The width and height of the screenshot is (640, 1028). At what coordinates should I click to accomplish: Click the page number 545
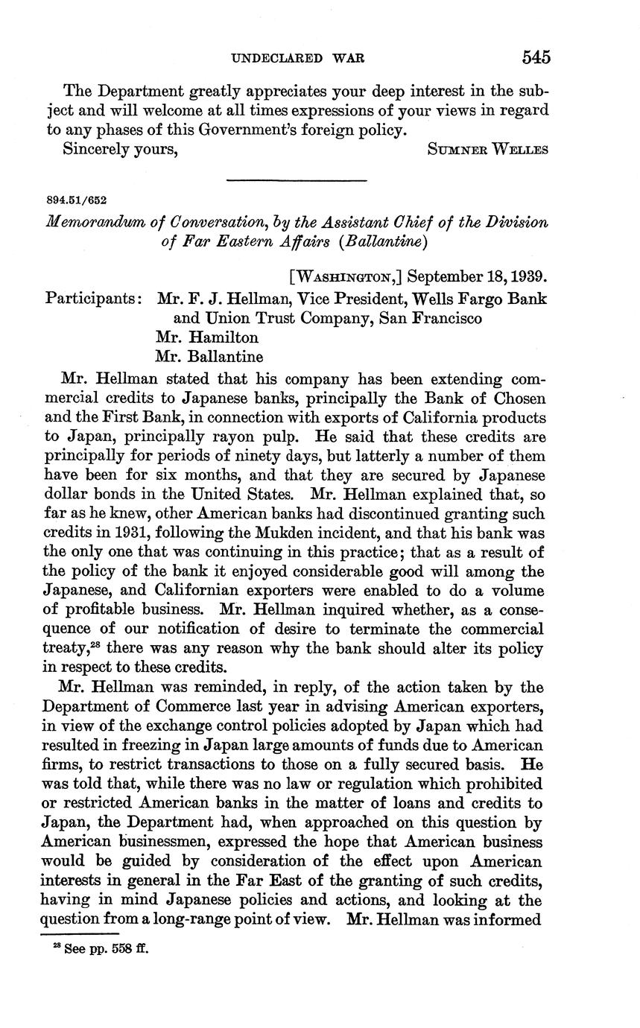[x=536, y=58]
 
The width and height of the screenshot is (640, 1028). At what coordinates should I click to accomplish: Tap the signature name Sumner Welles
[x=488, y=149]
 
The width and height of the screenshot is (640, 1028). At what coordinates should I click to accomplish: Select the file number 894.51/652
[x=76, y=200]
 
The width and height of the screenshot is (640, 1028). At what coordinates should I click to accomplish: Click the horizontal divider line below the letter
[x=297, y=180]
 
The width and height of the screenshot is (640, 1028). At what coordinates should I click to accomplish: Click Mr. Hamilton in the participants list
[x=208, y=337]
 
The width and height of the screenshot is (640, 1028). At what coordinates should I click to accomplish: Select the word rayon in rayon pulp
[x=237, y=437]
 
